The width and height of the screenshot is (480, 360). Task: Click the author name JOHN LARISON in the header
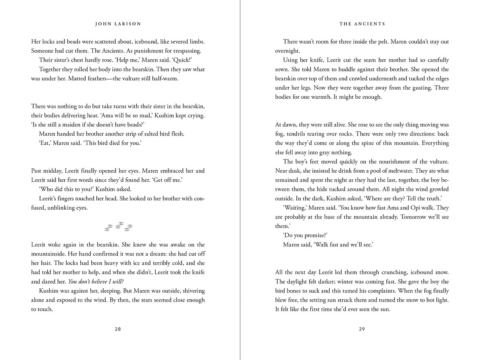click(x=118, y=24)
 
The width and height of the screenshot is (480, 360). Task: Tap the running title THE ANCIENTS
click(x=362, y=24)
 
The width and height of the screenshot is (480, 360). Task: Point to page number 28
click(x=118, y=329)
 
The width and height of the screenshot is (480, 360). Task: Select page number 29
click(x=362, y=329)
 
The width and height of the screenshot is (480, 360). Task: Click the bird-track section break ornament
click(x=118, y=226)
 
